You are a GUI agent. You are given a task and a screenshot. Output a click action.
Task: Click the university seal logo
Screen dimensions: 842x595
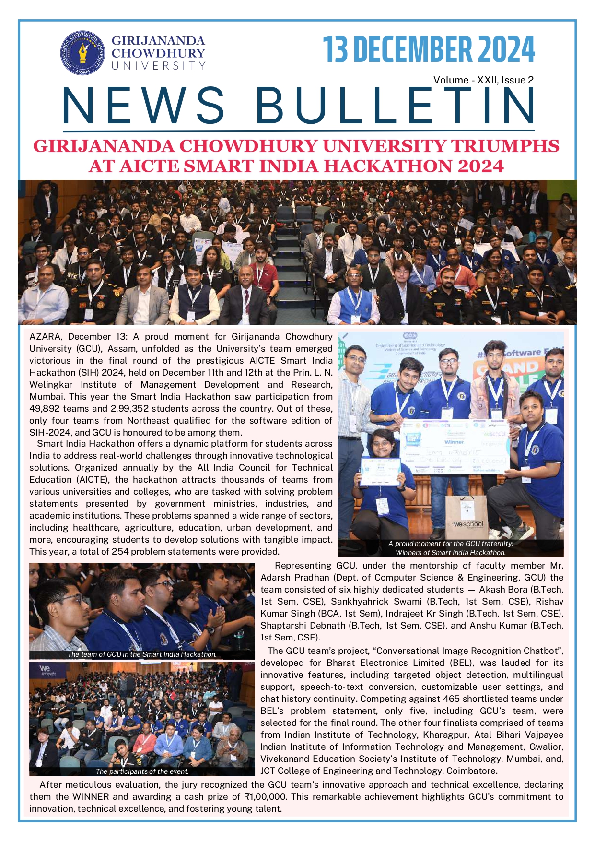click(x=82, y=53)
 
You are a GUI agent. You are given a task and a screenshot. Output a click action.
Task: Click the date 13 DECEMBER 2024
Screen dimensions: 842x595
click(x=428, y=49)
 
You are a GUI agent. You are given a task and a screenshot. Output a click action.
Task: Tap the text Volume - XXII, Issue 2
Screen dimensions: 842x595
click(x=483, y=80)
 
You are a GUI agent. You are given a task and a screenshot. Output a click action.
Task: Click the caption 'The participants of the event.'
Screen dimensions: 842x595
click(x=142, y=771)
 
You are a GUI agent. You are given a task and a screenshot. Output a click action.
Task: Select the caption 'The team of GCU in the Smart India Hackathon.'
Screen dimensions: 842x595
click(x=142, y=654)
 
